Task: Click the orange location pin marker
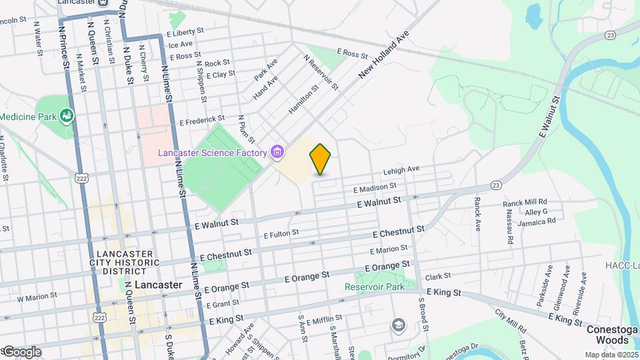click(x=321, y=159)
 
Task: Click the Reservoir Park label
click(x=374, y=287)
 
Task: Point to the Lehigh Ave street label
click(x=400, y=171)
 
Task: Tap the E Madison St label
click(x=375, y=187)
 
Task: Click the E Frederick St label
click(x=203, y=123)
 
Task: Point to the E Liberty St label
click(x=185, y=32)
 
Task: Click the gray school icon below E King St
click(x=399, y=325)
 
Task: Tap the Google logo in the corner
click(x=21, y=351)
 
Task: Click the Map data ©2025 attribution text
click(x=611, y=355)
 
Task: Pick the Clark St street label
click(x=438, y=275)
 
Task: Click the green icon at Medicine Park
click(x=67, y=117)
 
